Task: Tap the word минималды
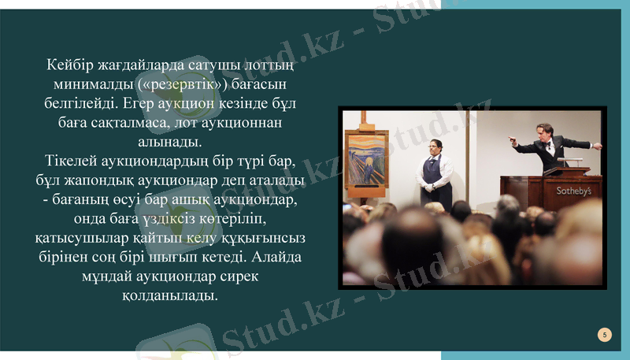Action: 87,84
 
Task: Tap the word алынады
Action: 169,143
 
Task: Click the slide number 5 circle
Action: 604,335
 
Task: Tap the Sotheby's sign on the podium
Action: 573,191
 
